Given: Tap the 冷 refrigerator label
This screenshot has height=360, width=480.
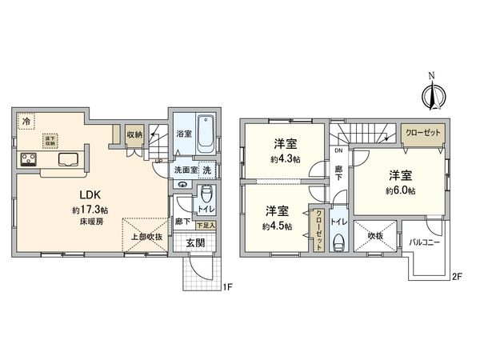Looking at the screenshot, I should [26, 122].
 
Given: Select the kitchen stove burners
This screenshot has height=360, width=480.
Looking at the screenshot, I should [30, 158].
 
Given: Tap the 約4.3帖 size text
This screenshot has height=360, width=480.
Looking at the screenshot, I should [286, 159].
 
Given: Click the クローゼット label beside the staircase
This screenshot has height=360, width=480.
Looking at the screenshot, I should [421, 133].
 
